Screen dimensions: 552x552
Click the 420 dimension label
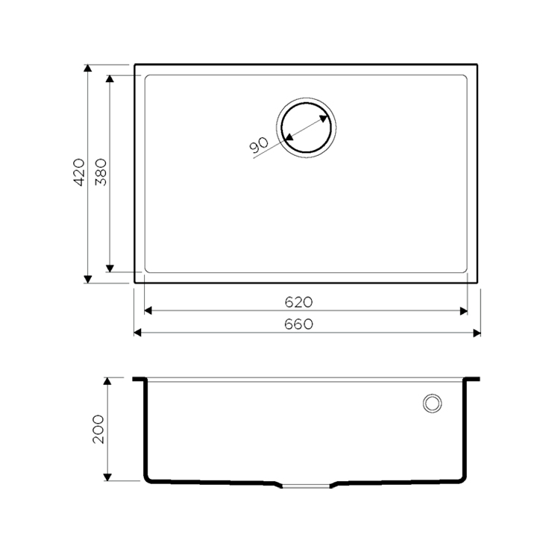pos(79,172)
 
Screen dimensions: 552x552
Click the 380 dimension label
pos(101,172)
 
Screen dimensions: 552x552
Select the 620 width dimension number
pos(298,302)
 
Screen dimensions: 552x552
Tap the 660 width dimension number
pos(298,324)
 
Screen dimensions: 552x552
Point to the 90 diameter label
pos(259,145)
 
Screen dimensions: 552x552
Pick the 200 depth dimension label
pos(98,429)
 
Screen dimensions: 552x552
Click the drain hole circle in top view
pos(307,103)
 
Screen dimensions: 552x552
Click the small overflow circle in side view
pos(433,395)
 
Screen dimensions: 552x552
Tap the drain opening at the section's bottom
pos(306,486)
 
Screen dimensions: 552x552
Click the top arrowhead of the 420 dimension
pos(88,68)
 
